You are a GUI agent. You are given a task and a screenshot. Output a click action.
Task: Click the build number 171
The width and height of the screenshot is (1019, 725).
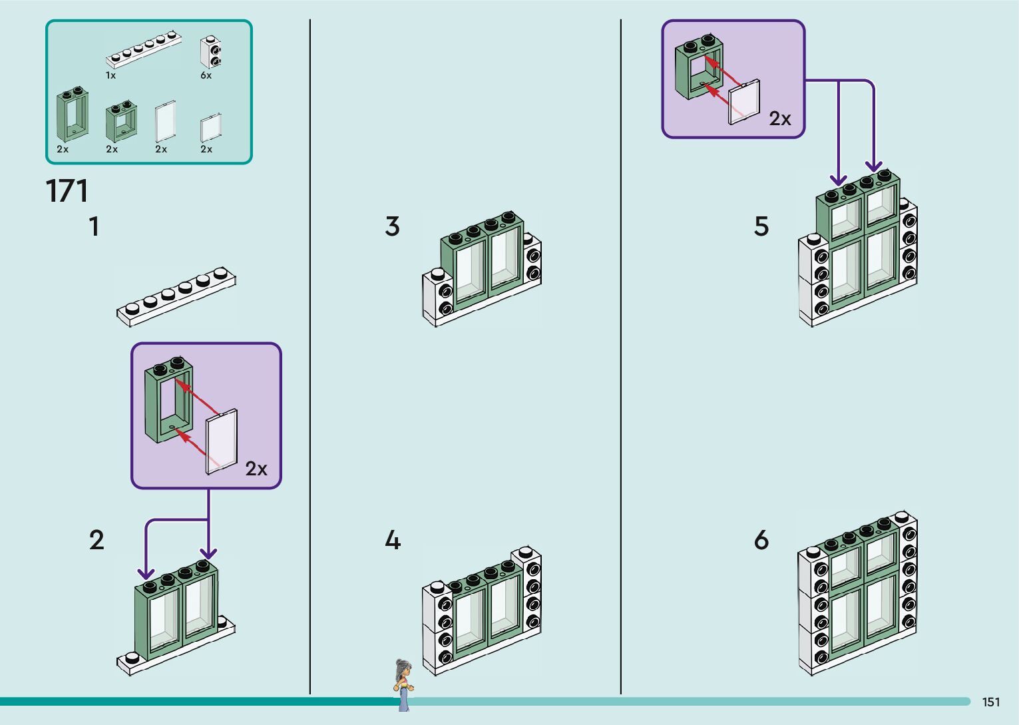point(67,191)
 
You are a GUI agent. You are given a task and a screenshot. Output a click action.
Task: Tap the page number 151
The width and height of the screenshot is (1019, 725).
point(990,702)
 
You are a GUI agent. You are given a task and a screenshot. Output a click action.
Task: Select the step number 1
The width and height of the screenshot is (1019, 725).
point(95,226)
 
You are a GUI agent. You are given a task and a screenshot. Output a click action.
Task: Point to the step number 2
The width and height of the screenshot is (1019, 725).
point(97,540)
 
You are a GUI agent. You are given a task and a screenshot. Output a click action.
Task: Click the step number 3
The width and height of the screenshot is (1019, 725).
point(393,226)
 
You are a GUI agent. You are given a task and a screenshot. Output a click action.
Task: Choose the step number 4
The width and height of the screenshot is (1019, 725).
point(393,540)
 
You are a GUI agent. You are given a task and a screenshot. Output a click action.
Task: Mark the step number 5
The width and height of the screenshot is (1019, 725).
point(761,226)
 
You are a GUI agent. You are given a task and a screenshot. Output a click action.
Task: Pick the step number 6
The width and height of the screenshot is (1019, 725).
point(761,540)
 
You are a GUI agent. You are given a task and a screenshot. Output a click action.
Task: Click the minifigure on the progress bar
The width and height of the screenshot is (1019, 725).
point(402,684)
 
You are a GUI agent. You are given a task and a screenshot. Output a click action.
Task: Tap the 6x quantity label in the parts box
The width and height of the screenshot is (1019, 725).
point(206,76)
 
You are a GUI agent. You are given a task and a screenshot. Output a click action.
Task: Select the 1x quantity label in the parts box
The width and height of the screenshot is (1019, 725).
point(110,76)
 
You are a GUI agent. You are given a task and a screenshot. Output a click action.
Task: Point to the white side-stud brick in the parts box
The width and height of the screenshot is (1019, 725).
point(211,52)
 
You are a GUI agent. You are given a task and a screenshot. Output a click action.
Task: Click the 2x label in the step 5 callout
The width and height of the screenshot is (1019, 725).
point(780,119)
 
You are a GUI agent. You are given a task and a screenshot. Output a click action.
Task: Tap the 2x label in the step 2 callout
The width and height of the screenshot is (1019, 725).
point(256,469)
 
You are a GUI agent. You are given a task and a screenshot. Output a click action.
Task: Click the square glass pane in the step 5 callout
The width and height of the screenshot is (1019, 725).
point(745,103)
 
